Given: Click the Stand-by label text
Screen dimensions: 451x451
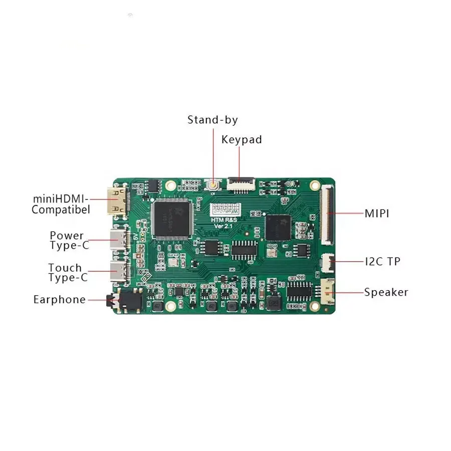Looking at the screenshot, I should pos(212,120).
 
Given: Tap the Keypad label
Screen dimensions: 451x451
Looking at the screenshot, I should pos(242,140).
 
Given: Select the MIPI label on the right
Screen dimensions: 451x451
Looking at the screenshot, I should pos(377,214).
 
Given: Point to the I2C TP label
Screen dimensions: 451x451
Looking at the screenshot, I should pos(382,262).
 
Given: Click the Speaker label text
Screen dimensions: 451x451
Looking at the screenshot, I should pos(386,293).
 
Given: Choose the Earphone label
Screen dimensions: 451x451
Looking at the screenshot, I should pos(59,300).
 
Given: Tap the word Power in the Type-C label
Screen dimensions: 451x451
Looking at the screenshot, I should pos(67,236).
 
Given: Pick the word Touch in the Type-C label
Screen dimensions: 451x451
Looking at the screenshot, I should pos(65,268).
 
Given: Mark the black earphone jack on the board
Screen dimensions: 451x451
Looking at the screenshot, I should pos(127,300).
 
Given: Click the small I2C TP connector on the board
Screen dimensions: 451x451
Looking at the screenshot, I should pos(326,261).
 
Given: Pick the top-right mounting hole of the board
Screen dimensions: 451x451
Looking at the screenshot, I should pos(315,185).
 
